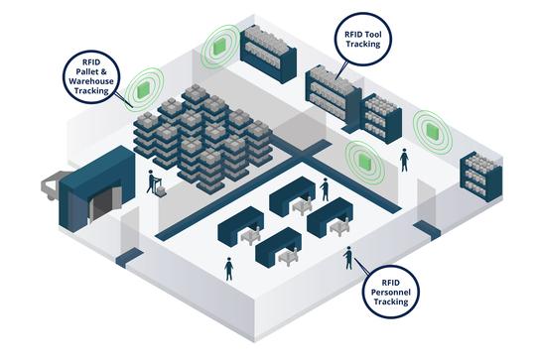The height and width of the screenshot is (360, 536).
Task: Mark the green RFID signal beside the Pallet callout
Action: (x=145, y=87)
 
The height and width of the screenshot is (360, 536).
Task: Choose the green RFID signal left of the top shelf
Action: (x=218, y=45)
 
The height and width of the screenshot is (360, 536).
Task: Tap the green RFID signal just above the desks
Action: (x=359, y=157)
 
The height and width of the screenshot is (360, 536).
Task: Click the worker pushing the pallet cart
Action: (x=153, y=181)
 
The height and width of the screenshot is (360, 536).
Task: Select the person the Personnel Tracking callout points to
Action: (x=347, y=258)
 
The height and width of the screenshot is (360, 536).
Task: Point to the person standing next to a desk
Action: (x=325, y=188)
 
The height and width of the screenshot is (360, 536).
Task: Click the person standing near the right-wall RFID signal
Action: (x=403, y=160)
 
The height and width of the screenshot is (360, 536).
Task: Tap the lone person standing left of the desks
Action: (x=229, y=268)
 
